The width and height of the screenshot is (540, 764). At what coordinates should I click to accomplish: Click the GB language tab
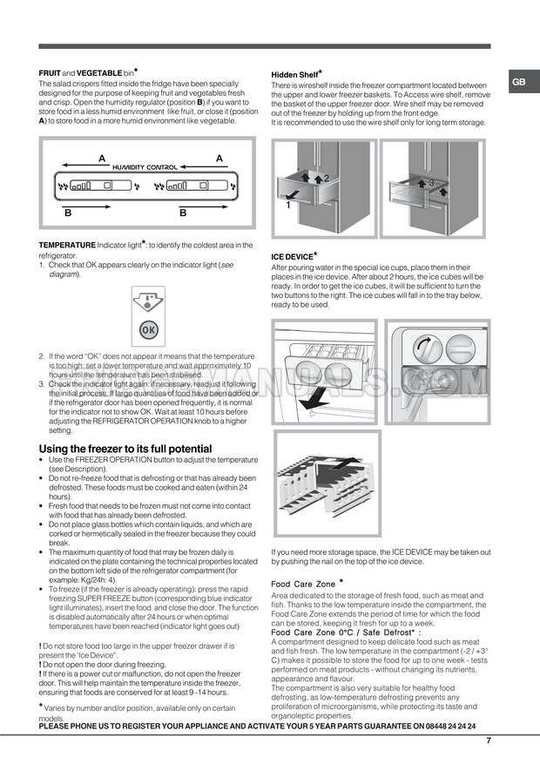click(518, 82)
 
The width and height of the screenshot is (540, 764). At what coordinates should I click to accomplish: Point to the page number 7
click(489, 740)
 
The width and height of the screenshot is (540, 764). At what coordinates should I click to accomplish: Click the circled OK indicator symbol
click(148, 331)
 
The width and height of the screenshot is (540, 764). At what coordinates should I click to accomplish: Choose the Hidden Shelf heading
click(295, 76)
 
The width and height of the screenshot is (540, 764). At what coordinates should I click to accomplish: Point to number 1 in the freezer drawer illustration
click(287, 206)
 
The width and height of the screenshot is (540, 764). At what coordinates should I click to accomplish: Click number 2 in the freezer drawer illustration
click(325, 179)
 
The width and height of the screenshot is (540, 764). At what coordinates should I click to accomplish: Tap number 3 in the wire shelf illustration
click(429, 182)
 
